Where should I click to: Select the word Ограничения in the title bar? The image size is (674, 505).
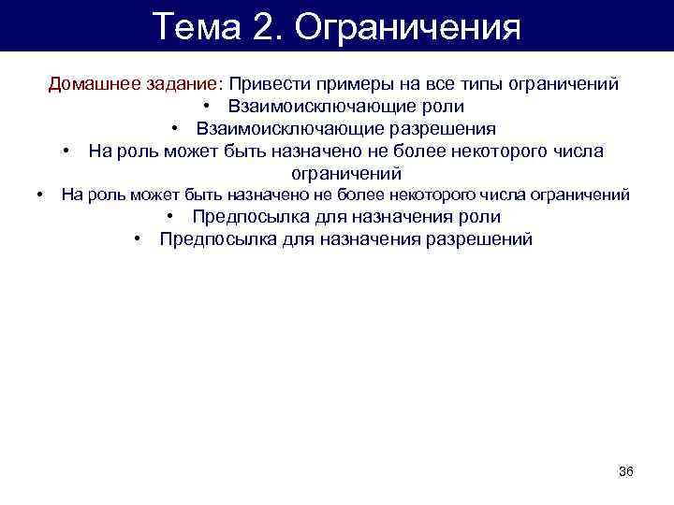(407, 26)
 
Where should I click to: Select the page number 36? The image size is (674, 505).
(626, 470)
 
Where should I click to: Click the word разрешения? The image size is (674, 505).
(442, 129)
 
